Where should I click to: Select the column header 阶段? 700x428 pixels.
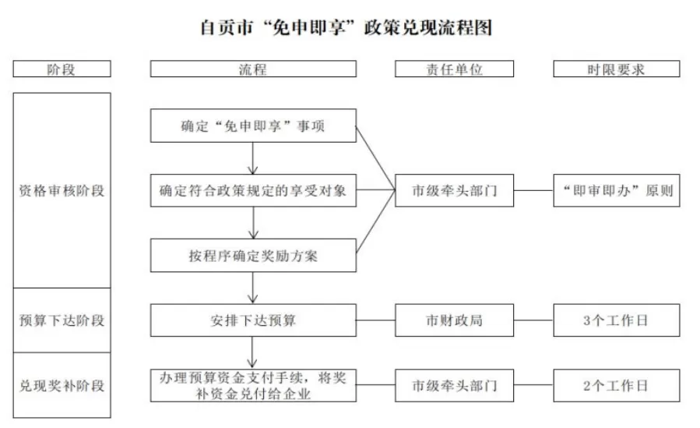pos(62,69)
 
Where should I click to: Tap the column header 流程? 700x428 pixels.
pos(253,69)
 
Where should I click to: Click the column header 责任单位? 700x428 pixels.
pos(454,69)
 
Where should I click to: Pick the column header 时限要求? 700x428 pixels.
pos(616,69)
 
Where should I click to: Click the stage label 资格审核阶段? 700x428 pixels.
pos(62,190)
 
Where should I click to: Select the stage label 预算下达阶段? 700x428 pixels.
pos(62,320)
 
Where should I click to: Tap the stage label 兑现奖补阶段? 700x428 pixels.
pos(62,385)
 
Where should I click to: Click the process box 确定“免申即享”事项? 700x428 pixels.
pos(253,126)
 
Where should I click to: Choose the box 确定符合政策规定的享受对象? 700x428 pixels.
pos(253,190)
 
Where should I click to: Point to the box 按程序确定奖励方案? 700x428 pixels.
pos(253,255)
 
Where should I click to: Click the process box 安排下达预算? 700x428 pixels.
pos(253,320)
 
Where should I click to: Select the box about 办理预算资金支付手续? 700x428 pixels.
pos(253,385)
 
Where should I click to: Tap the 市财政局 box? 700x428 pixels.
pos(454,320)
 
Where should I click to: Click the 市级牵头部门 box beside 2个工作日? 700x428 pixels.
pos(454,385)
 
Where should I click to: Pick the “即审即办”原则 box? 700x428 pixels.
pos(616,190)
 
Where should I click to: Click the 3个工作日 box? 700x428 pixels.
pos(616,320)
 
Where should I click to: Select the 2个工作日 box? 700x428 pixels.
pos(616,385)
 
